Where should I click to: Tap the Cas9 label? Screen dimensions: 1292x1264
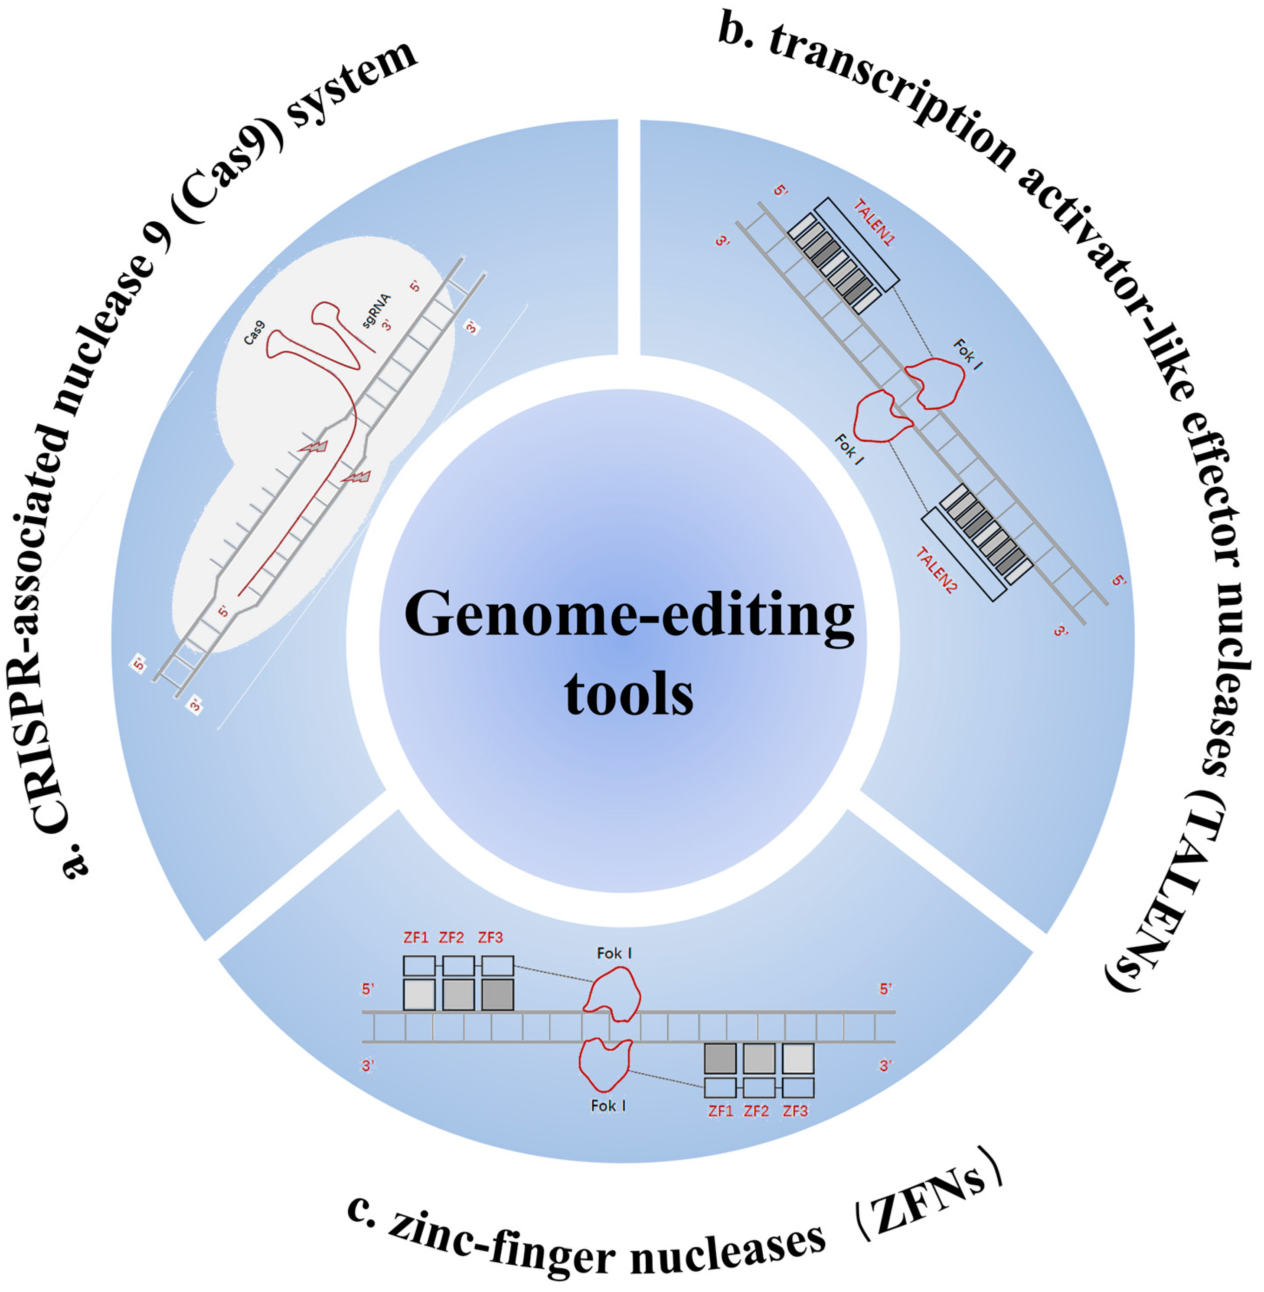click(x=254, y=332)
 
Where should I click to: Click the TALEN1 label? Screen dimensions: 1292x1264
click(x=873, y=223)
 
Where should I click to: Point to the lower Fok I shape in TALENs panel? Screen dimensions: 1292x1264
click(x=882, y=416)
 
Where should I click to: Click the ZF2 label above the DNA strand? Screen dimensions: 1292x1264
click(x=451, y=938)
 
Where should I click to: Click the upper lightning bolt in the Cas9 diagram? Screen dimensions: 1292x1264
click(x=314, y=447)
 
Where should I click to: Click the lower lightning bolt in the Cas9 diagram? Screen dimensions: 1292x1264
click(x=356, y=476)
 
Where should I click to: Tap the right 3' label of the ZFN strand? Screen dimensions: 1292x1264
click(x=885, y=1066)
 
